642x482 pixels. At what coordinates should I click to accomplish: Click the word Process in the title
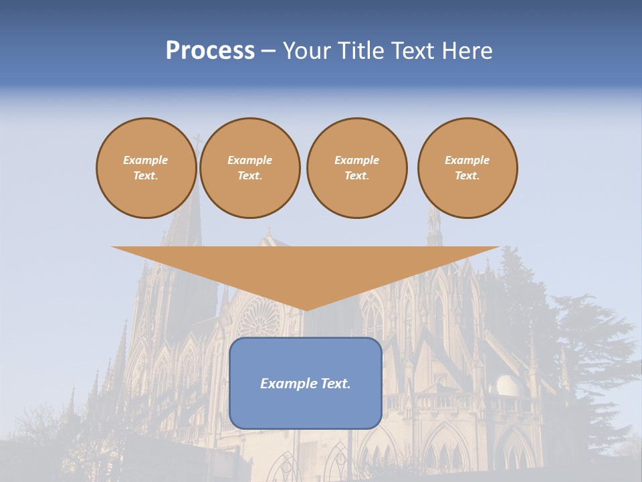[210, 51]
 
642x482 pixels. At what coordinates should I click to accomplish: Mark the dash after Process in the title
[269, 52]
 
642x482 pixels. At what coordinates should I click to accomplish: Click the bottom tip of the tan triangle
[306, 309]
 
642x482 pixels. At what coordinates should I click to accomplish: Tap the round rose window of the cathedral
[257, 319]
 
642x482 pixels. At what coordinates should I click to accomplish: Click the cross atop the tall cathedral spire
[197, 141]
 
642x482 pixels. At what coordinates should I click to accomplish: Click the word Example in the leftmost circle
[146, 160]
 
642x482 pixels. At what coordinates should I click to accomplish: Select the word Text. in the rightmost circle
[467, 176]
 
